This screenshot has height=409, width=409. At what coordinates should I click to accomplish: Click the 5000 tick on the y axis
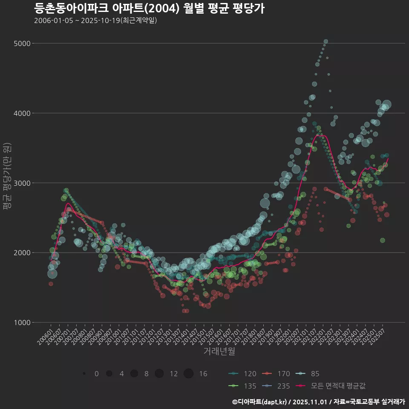[22, 43]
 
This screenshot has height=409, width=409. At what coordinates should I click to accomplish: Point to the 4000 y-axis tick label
[22, 113]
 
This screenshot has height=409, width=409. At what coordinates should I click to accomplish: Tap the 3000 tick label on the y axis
[22, 183]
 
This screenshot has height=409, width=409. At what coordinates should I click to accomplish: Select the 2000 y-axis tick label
[22, 253]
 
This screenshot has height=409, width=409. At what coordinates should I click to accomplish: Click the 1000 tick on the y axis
[22, 323]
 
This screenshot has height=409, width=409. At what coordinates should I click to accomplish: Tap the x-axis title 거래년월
[219, 351]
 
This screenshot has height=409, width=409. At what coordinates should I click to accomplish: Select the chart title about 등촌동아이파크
[149, 8]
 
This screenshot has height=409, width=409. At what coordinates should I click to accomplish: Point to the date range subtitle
[95, 20]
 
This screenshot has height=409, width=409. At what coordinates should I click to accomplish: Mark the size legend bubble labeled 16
[189, 374]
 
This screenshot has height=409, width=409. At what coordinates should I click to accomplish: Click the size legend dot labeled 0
[84, 374]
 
